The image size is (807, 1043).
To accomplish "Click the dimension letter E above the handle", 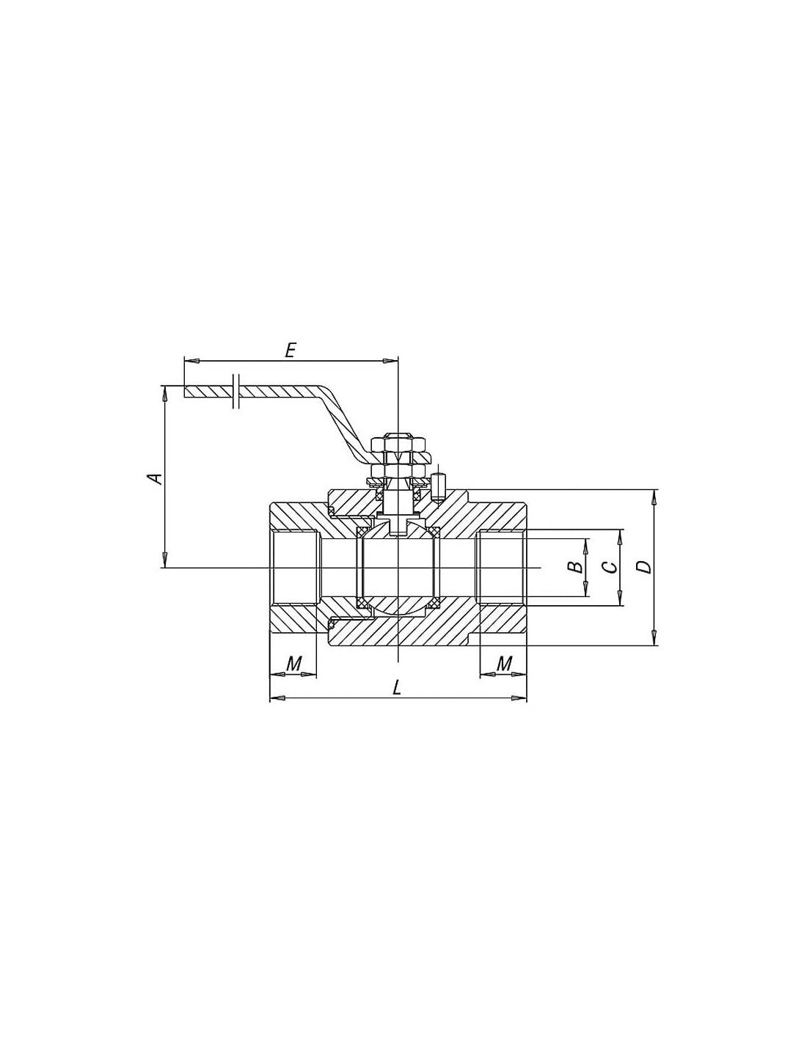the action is click(289, 350).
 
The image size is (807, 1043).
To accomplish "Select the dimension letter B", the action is click(575, 567).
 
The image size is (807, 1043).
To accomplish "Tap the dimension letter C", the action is click(609, 567).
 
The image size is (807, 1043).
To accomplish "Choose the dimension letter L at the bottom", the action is click(397, 689).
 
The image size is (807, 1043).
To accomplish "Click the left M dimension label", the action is click(293, 664).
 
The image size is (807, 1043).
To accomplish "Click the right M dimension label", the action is click(503, 664).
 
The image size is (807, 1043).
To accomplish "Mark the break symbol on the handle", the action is click(235, 391).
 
